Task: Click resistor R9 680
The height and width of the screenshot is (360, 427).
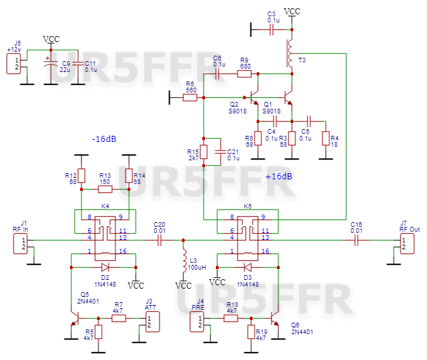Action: click(x=244, y=71)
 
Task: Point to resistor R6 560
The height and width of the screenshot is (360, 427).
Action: click(x=191, y=98)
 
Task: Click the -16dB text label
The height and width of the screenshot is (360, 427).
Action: click(x=104, y=139)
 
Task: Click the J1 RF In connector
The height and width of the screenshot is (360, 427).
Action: click(x=24, y=243)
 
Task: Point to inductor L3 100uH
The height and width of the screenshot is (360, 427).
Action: click(x=183, y=260)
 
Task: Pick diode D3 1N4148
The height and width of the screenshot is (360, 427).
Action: click(x=248, y=266)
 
